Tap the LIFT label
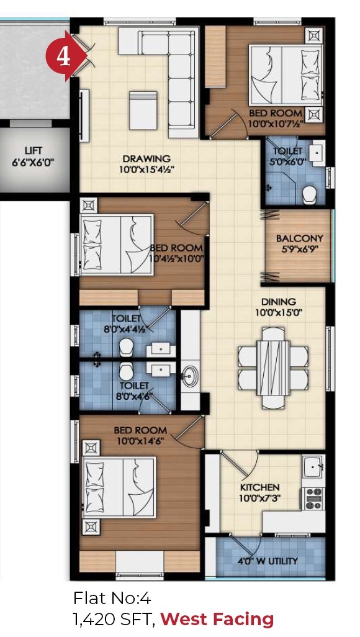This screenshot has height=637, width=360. click(x=33, y=151)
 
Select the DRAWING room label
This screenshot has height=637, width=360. click(x=146, y=158)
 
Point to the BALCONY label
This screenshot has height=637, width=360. click(x=299, y=238)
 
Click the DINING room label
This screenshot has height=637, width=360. click(x=278, y=302)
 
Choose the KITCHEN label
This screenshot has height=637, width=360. click(x=259, y=487)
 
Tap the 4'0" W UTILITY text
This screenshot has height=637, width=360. click(x=268, y=561)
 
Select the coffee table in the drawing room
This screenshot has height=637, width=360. click(x=143, y=111)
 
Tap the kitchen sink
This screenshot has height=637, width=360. click(x=313, y=466)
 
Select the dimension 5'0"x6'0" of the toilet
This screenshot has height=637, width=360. click(x=290, y=161)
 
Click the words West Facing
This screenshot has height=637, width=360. click(x=217, y=619)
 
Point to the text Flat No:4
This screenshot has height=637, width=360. click(x=112, y=598)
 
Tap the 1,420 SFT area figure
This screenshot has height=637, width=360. click(x=114, y=620)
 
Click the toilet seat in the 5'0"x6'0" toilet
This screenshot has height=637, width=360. click(x=311, y=195)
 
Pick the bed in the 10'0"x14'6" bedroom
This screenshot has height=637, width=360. click(x=119, y=487)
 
